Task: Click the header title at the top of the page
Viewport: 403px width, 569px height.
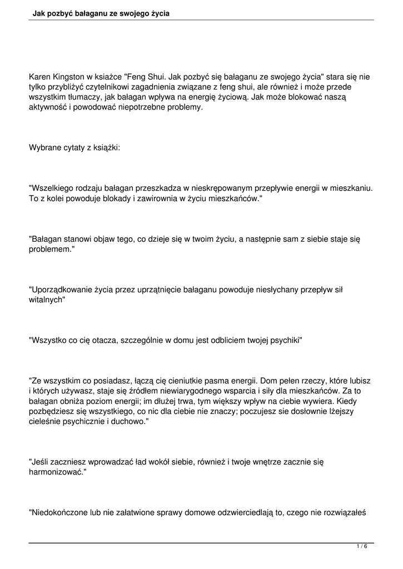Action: click(x=101, y=12)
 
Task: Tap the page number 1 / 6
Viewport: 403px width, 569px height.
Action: click(x=362, y=547)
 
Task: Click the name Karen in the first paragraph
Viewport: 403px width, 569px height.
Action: click(x=41, y=77)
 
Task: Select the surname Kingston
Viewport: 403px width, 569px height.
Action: click(x=73, y=77)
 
